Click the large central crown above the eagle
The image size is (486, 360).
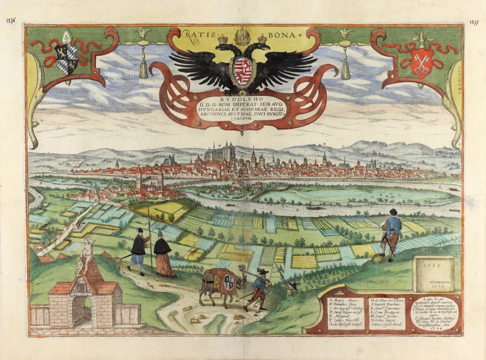[242, 36]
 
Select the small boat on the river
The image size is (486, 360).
[314, 208]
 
